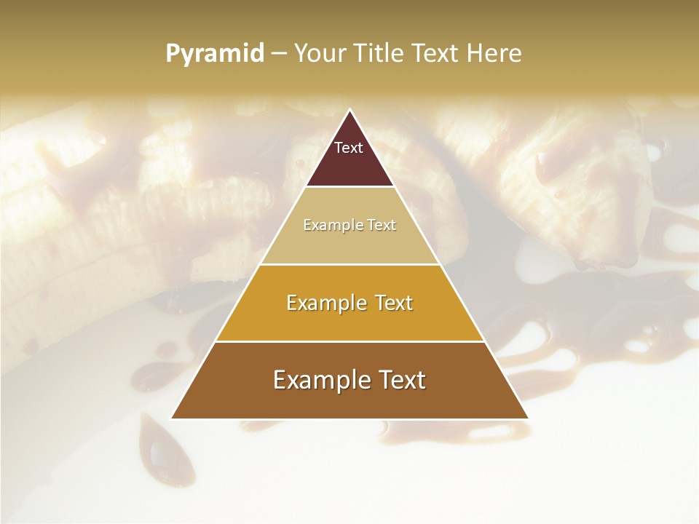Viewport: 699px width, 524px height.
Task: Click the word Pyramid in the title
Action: pyautogui.click(x=215, y=54)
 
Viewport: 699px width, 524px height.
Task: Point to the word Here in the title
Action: pyautogui.click(x=495, y=54)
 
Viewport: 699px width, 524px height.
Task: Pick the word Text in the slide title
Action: pyautogui.click(x=437, y=54)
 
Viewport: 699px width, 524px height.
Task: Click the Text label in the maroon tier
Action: pyautogui.click(x=349, y=148)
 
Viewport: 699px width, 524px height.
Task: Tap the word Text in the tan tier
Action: pyautogui.click(x=382, y=226)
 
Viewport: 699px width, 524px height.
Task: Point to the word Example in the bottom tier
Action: pyautogui.click(x=318, y=380)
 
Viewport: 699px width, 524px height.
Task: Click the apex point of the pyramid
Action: pyautogui.click(x=349, y=110)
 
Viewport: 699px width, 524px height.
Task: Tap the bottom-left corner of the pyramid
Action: pyautogui.click(x=171, y=418)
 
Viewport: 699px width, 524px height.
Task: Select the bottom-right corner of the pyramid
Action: pyautogui.click(x=528, y=418)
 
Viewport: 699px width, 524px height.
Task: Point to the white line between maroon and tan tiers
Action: pyautogui.click(x=349, y=187)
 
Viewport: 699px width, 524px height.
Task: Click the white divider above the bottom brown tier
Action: pyautogui.click(x=349, y=341)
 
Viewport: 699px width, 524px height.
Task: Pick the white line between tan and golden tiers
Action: pyautogui.click(x=349, y=264)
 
